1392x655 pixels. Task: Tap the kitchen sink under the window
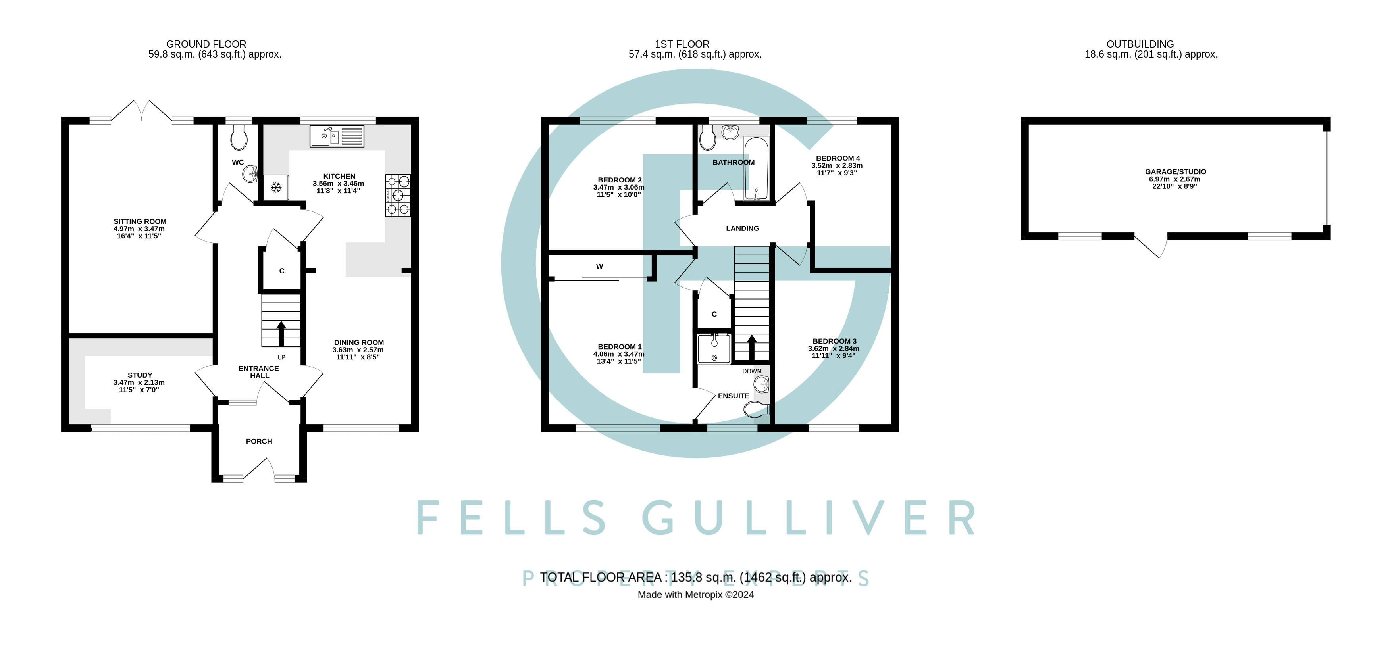tap(337, 136)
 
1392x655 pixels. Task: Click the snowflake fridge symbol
tap(276, 187)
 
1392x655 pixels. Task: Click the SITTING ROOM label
tap(140, 221)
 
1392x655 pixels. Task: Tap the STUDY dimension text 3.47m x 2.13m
tap(139, 382)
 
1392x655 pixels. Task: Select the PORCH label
tap(259, 441)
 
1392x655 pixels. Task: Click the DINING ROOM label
tap(359, 342)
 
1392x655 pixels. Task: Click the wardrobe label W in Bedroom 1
tap(599, 266)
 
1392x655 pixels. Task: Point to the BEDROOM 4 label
tap(838, 158)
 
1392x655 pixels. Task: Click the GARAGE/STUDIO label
tap(1175, 172)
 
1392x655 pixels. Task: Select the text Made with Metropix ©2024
tap(695, 595)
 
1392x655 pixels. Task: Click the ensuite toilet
tap(755, 410)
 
